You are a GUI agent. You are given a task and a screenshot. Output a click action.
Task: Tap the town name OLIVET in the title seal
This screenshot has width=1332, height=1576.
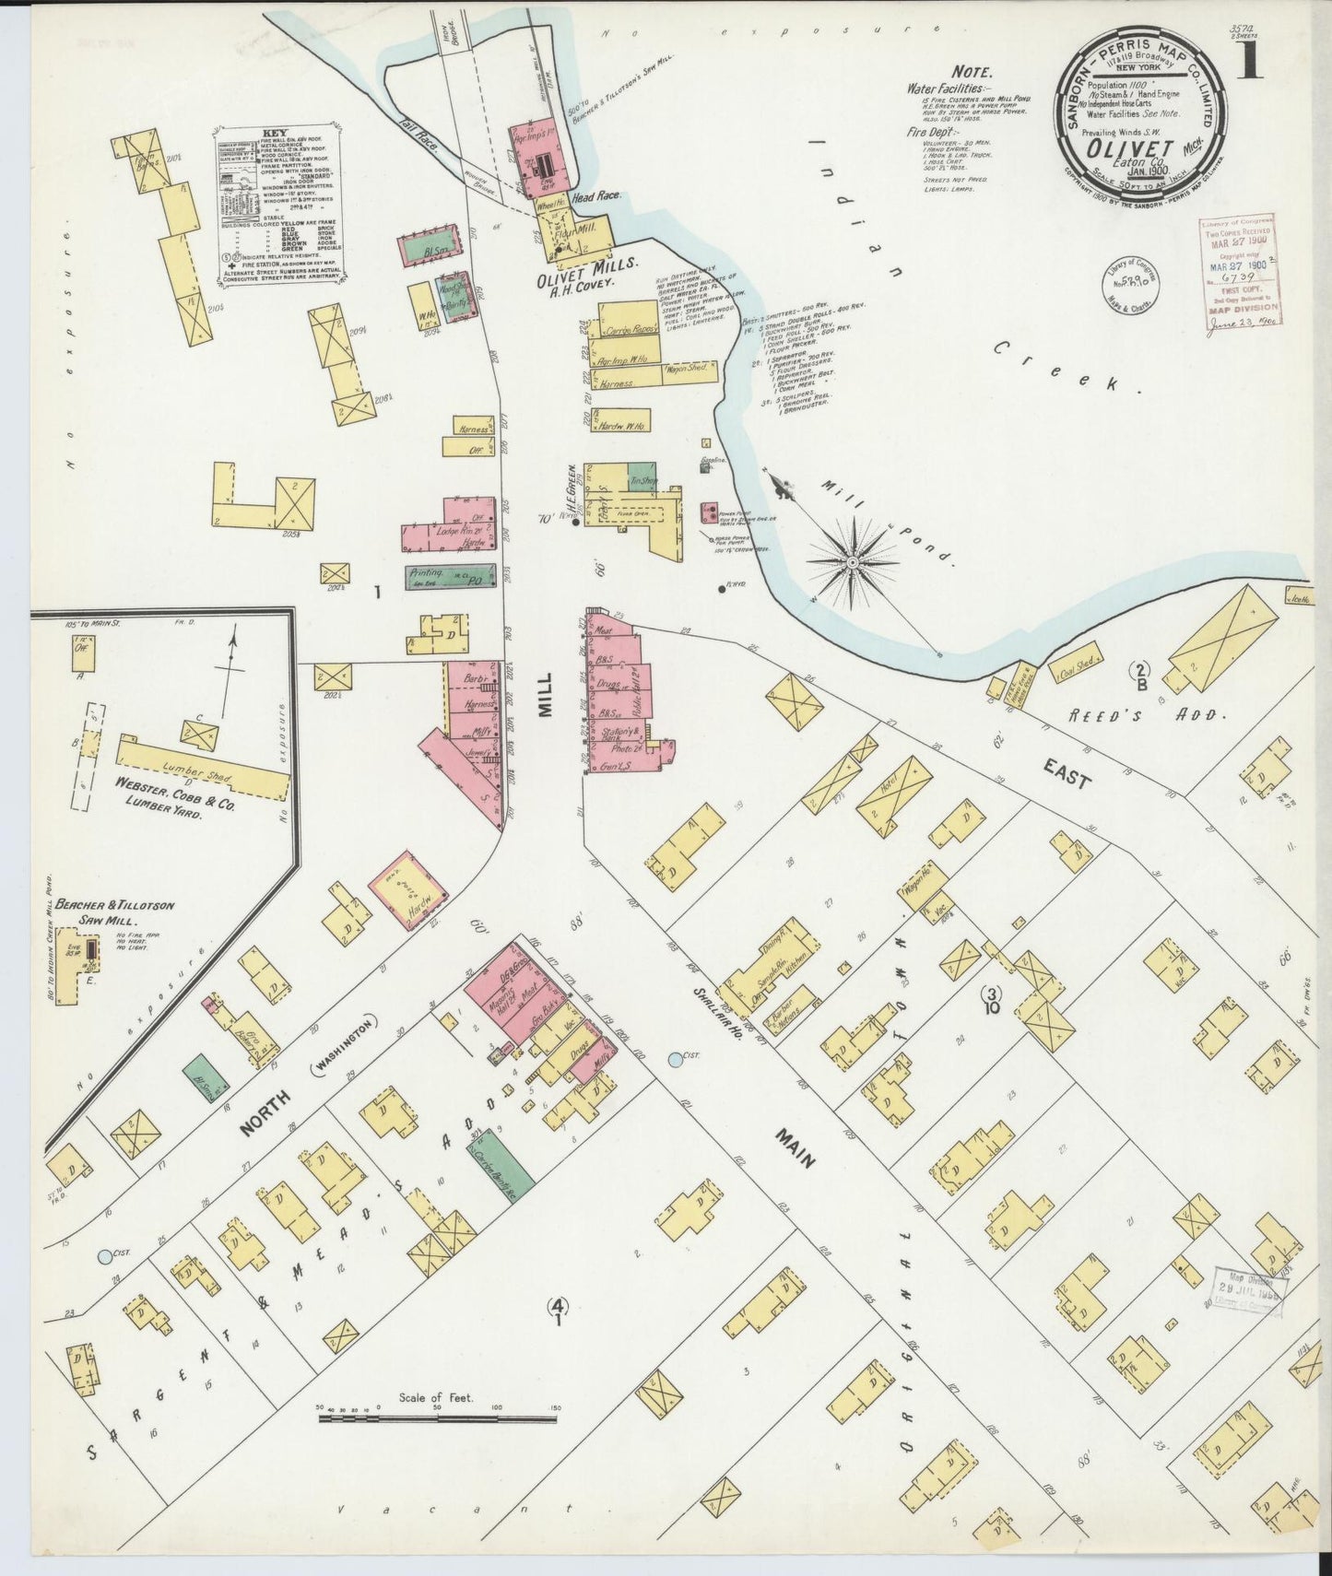coord(1119,147)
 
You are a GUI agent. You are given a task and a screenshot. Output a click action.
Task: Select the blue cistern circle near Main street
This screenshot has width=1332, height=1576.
coord(678,1060)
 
